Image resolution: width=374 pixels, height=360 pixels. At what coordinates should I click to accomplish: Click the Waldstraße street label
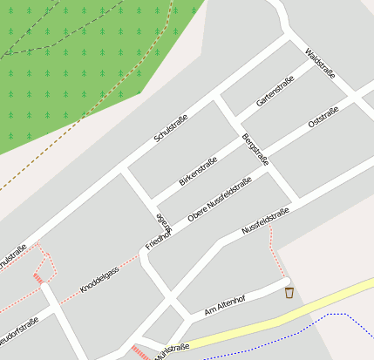(x=320, y=63)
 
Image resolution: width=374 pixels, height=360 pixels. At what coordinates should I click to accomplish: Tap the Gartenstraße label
(x=275, y=91)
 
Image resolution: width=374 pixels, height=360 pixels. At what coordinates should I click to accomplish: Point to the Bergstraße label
(x=255, y=150)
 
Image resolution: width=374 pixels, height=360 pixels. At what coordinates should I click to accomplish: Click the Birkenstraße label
(x=197, y=171)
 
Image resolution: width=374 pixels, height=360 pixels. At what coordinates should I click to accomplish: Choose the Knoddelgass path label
(x=99, y=276)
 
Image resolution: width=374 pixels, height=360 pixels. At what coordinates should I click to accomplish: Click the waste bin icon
(x=289, y=293)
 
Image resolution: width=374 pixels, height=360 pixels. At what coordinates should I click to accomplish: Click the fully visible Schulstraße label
(x=172, y=125)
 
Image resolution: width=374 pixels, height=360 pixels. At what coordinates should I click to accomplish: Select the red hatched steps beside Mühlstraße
(x=139, y=352)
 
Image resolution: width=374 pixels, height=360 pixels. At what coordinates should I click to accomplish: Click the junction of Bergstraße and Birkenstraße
(x=235, y=137)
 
